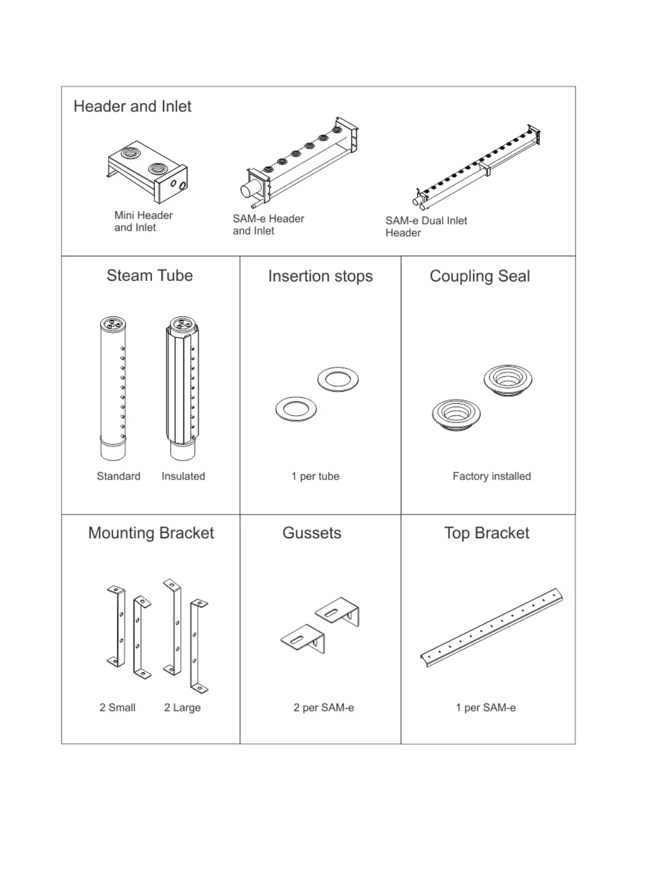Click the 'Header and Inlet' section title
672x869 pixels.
132,106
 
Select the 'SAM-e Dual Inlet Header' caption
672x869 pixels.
426,227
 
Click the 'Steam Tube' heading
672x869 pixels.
149,275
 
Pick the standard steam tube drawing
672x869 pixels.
113,388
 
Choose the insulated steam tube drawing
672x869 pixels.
182,388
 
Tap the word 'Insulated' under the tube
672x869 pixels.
183,476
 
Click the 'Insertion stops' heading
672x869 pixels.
320,276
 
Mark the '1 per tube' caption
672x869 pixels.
315,476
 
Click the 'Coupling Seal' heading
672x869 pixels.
480,276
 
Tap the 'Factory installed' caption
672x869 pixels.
491,476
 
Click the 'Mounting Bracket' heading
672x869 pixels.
151,533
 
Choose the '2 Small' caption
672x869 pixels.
117,708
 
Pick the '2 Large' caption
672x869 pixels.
182,708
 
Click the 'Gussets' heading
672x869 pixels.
312,533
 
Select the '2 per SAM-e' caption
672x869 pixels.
323,708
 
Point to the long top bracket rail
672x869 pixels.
491,628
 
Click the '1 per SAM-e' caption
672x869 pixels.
485,708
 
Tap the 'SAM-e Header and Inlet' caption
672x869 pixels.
268,224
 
